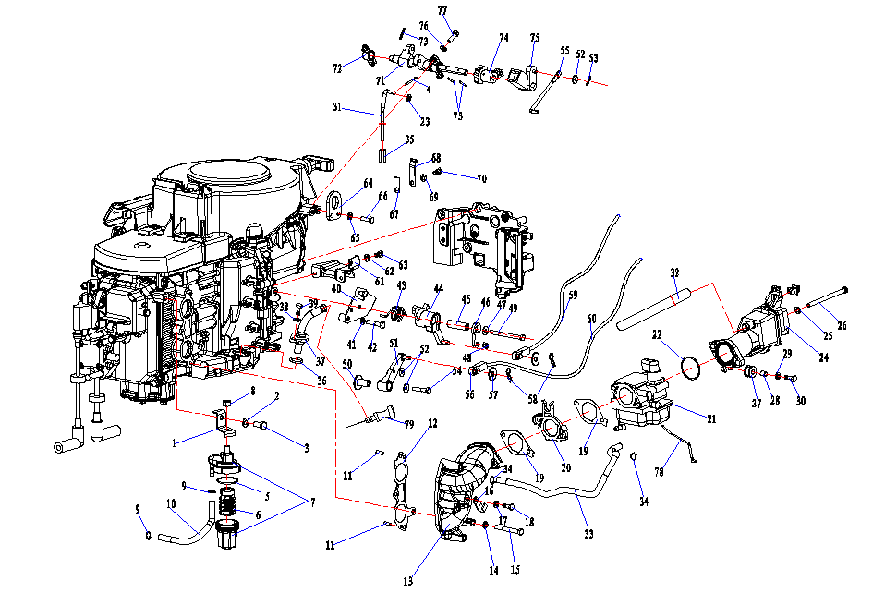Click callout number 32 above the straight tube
(675, 272)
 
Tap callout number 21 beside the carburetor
(711, 418)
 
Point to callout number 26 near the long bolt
(842, 324)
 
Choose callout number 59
(572, 296)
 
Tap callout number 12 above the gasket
(431, 423)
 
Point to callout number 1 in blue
(173, 442)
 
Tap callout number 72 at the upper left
(338, 67)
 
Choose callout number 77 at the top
(442, 10)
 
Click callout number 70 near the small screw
(481, 177)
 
